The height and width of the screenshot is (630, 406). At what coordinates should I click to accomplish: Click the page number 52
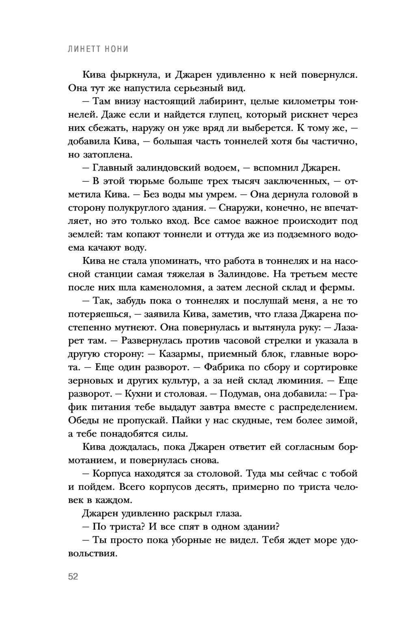(x=73, y=577)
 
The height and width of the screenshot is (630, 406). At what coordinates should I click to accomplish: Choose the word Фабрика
(x=225, y=367)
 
